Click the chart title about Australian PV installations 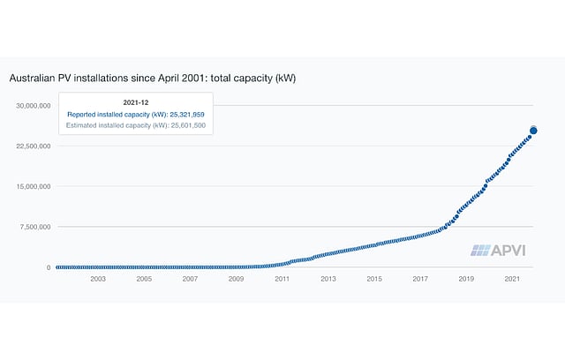[152, 78]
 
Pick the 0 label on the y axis [49, 267]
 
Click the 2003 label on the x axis [97, 279]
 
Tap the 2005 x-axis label [144, 279]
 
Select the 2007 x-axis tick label [190, 279]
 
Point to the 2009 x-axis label [236, 279]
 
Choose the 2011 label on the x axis [282, 279]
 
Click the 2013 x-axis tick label [328, 279]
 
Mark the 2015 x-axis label [374, 279]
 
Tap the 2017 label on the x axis [420, 279]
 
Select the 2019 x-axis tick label [466, 279]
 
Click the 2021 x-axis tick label [512, 279]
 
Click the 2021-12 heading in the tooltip [135, 101]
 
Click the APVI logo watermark [499, 250]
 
